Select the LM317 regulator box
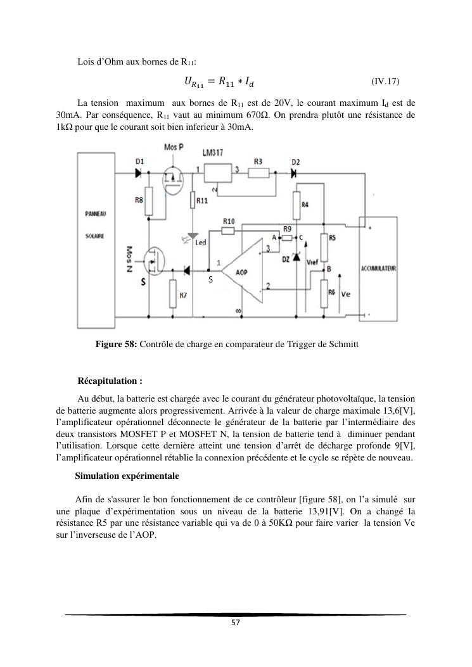click(217, 172)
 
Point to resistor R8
click(148, 201)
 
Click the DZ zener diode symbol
click(296, 258)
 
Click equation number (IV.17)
click(385, 81)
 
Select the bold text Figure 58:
click(116, 345)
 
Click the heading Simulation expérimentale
click(127, 475)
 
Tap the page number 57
click(235, 623)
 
